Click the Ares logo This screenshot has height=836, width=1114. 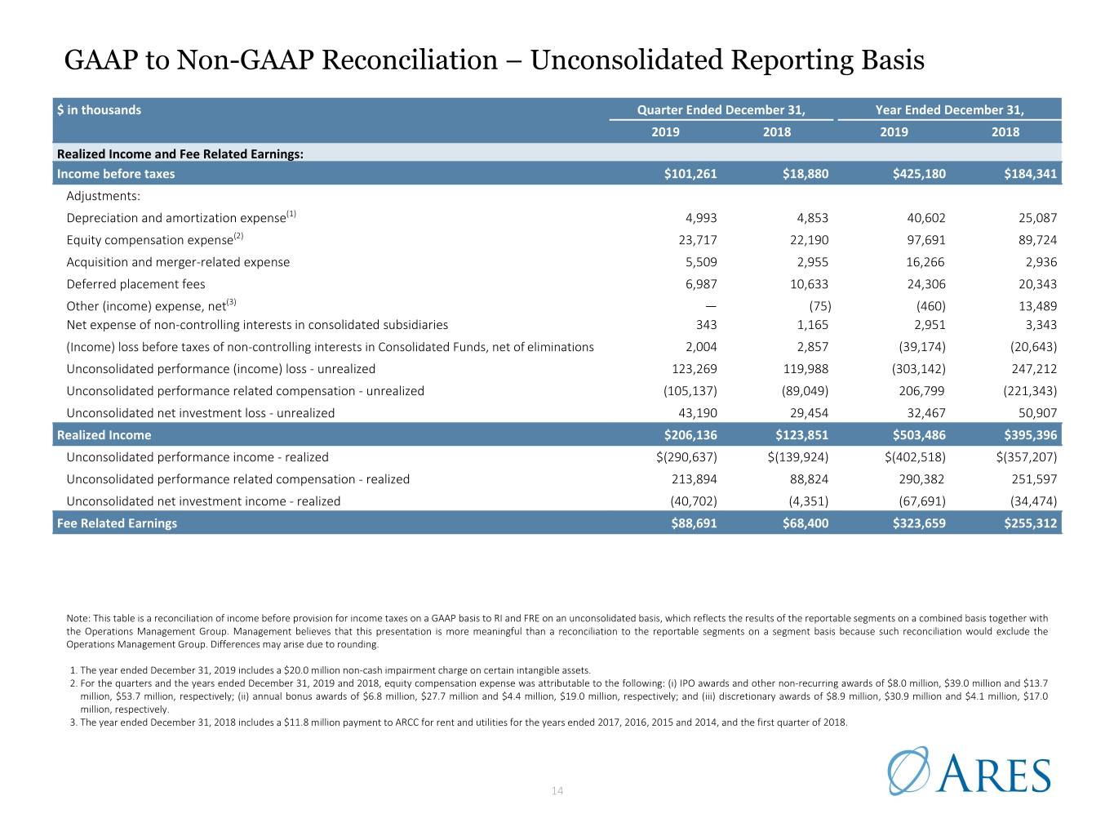pyautogui.click(x=969, y=771)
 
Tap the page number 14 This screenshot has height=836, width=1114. pyautogui.click(x=557, y=790)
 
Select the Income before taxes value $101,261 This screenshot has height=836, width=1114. pyautogui.click(x=690, y=174)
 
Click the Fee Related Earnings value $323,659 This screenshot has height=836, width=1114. pyautogui.click(x=919, y=522)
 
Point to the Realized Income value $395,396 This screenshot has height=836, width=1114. pyautogui.click(x=1030, y=434)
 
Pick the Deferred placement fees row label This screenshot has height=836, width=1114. pyautogui.click(x=135, y=284)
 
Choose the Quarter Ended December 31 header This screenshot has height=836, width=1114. pyautogui.click(x=721, y=109)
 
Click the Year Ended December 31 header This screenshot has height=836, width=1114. pyautogui.click(x=950, y=109)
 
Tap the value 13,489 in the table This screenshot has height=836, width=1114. pyautogui.click(x=1037, y=305)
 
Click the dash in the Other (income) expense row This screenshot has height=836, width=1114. pyautogui.click(x=711, y=306)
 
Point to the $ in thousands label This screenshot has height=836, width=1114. pyautogui.click(x=99, y=109)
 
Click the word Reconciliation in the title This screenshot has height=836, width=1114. pyautogui.click(x=410, y=60)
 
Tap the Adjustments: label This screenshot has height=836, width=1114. pyautogui.click(x=103, y=196)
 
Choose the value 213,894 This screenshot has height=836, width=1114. pyautogui.click(x=695, y=478)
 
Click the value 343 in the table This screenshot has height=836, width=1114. pyautogui.click(x=707, y=324)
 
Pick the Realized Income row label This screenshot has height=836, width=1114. pyautogui.click(x=104, y=434)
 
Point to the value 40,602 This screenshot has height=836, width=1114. pyautogui.click(x=926, y=218)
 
